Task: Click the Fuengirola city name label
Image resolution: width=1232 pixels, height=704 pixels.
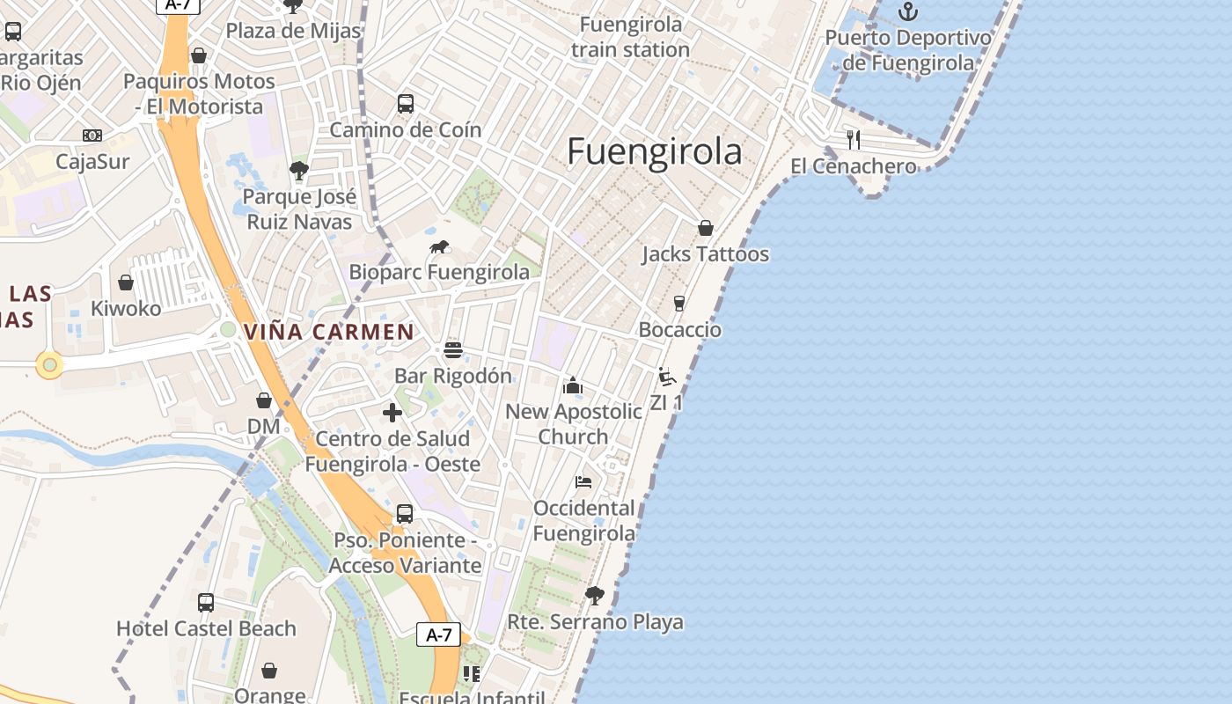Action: point(654,152)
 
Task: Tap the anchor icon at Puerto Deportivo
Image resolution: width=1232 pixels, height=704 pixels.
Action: point(907,11)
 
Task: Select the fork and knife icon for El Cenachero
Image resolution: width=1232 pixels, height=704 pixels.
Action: point(853,139)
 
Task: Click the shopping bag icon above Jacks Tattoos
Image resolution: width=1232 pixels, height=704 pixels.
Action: point(705,228)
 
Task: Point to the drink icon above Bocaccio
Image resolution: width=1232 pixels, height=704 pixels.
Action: point(678,304)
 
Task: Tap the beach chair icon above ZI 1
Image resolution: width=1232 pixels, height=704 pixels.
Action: point(667,377)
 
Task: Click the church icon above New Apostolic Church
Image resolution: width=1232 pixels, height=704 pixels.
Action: point(573,385)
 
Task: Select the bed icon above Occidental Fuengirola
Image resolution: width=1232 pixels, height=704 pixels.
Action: point(583,482)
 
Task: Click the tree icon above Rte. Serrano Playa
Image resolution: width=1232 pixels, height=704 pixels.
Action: point(595,596)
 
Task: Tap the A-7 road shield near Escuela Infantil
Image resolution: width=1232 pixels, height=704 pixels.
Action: point(438,634)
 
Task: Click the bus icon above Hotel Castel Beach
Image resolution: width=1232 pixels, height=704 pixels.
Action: point(206,603)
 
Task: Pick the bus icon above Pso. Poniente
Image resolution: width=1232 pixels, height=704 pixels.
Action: point(405,514)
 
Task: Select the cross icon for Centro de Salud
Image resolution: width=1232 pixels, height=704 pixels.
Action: point(392,412)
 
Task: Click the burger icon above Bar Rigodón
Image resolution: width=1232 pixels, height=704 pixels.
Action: point(453,350)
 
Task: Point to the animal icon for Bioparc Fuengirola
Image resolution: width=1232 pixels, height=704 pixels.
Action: point(440,246)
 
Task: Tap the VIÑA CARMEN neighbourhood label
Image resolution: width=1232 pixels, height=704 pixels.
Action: point(329,332)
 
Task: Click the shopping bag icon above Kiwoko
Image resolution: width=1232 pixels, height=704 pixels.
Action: point(126,282)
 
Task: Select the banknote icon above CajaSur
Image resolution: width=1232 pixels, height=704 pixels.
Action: point(92,136)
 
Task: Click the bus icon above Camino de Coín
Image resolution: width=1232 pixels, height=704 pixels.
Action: point(406,104)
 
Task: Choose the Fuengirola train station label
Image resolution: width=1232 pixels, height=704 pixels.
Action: point(630,37)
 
